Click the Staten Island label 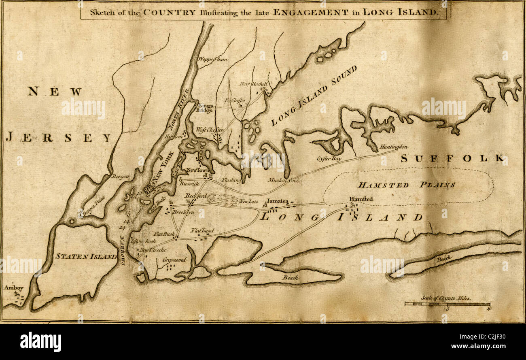click(x=86, y=256)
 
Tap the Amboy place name click(x=11, y=288)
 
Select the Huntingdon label click(x=394, y=147)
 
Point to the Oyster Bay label click(x=329, y=159)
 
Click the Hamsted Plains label click(x=406, y=185)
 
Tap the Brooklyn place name click(x=183, y=212)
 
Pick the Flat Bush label click(x=164, y=234)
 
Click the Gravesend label click(x=175, y=260)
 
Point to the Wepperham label click(x=212, y=60)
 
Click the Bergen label click(x=121, y=177)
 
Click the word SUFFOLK click(x=452, y=158)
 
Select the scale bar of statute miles click(x=448, y=304)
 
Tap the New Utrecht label click(x=151, y=250)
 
